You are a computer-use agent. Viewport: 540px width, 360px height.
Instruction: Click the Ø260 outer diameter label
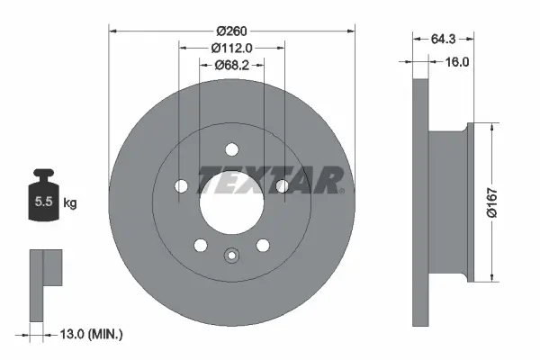(231, 30)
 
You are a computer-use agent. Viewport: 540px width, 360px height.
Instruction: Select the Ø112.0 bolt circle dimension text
(231, 49)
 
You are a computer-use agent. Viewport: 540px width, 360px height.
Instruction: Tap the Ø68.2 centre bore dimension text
(231, 66)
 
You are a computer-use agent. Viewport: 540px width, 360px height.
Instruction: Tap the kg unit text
(70, 203)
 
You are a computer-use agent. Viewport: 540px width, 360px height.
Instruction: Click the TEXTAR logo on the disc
(270, 180)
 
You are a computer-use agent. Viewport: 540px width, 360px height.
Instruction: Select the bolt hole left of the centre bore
(180, 186)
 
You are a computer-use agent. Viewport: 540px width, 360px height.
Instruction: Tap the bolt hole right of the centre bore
(283, 186)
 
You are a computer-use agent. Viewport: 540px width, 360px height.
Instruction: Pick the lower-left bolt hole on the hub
(200, 245)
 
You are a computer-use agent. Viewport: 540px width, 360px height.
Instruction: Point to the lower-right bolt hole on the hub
(263, 245)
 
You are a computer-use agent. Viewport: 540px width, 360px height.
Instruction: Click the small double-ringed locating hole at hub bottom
(231, 256)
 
